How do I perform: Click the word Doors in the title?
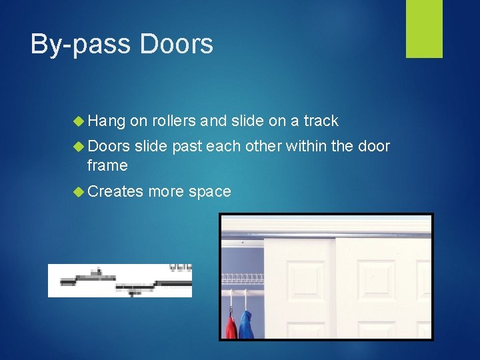(177, 45)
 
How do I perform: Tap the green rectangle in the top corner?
(424, 29)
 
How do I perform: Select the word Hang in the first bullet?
(106, 121)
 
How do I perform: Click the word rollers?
(174, 121)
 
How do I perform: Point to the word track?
(321, 121)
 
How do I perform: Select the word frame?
(107, 165)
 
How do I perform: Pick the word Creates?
(115, 192)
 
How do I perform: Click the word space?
(209, 192)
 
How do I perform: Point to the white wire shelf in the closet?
(243, 278)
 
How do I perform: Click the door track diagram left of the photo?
(120, 280)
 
